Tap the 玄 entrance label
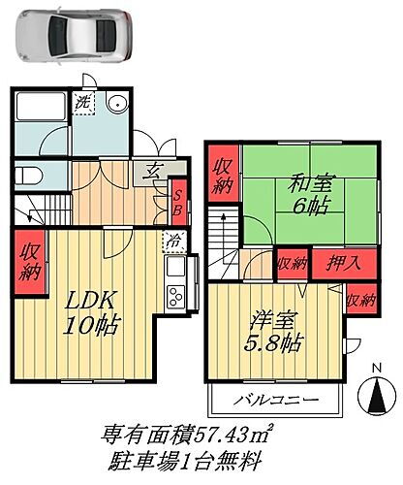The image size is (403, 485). click(x=153, y=172)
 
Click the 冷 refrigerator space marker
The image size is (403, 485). click(x=170, y=240)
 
